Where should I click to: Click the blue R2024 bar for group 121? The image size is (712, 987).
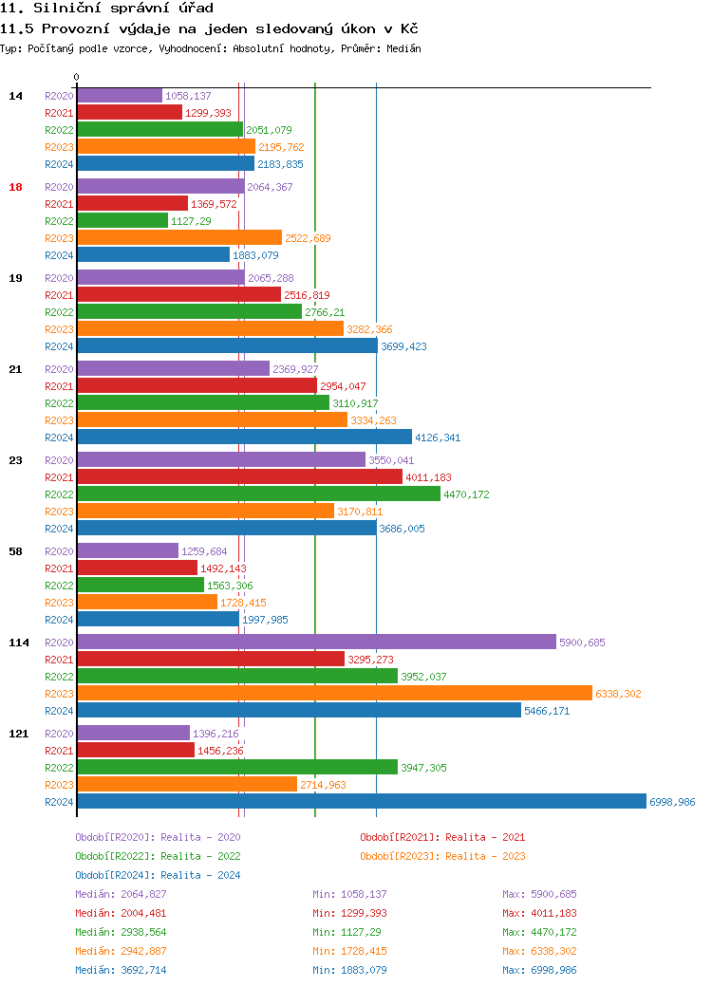[361, 801]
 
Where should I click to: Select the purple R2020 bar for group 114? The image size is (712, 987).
[316, 642]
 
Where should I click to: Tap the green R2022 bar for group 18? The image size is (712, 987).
[122, 220]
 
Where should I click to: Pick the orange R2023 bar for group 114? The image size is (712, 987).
[334, 693]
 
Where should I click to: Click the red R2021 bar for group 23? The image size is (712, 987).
[239, 476]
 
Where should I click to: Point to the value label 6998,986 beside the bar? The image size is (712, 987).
[672, 802]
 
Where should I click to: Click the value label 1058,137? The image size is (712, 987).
[188, 96]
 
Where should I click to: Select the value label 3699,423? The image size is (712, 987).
[403, 346]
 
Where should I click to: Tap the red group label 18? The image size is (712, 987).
[15, 187]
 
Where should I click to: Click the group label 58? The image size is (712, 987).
[15, 551]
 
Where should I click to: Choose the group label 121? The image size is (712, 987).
[18, 734]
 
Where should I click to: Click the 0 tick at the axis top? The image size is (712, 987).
[77, 77]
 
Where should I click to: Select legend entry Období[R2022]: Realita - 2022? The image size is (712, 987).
[158, 856]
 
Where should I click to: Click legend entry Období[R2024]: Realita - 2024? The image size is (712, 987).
[158, 875]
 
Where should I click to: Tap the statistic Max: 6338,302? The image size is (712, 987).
[539, 951]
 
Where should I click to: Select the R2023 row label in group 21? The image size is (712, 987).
[59, 420]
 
